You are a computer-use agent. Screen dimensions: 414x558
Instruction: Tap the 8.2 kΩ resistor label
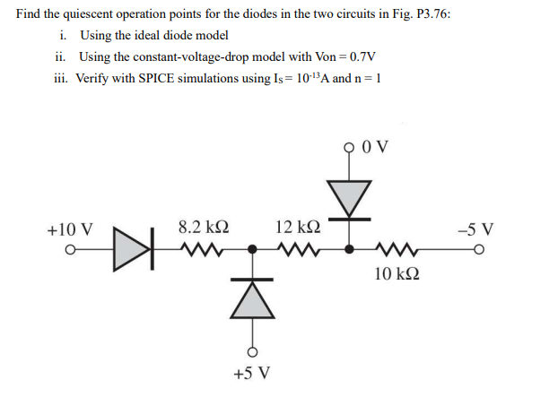pyautogui.click(x=203, y=228)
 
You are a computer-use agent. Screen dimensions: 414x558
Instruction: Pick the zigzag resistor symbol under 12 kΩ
pyautogui.click(x=297, y=248)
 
